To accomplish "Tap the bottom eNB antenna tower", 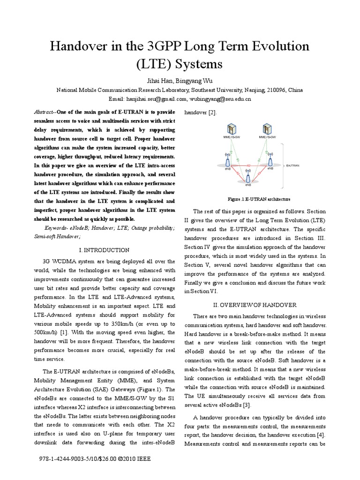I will [x=249, y=180].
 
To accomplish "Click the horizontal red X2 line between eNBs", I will [x=249, y=165].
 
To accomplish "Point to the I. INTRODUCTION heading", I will [x=105, y=250].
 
